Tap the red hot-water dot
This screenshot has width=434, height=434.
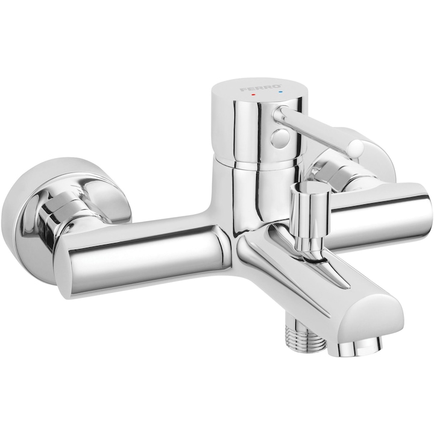(x=253, y=95)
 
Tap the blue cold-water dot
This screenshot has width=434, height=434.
(x=281, y=91)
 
